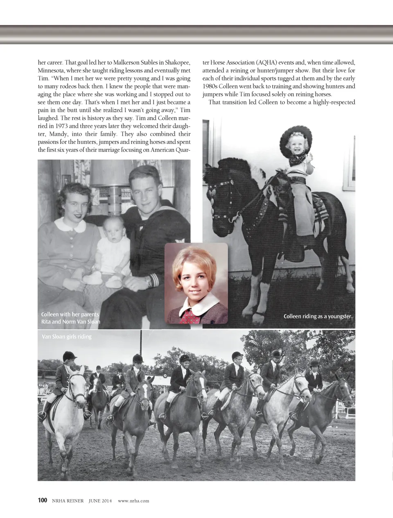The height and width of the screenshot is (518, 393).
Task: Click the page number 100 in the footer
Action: pos(43,500)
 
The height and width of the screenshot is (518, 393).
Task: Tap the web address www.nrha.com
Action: pos(133,500)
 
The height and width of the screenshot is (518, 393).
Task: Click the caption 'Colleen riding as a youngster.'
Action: pos(318,316)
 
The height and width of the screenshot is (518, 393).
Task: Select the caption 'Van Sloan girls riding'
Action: pos(66,337)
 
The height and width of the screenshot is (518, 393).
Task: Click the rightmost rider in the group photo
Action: pos(314,377)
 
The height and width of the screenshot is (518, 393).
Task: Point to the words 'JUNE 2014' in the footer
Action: pos(100,500)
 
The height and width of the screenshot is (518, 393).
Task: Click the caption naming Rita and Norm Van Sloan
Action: pos(70,318)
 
